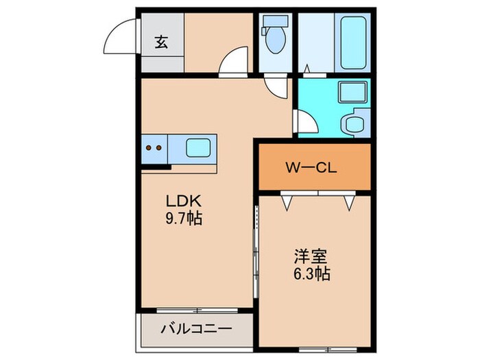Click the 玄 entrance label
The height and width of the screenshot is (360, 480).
tap(160, 42)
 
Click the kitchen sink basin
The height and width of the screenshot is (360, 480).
tap(199, 147)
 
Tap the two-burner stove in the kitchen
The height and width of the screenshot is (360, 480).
tap(155, 147)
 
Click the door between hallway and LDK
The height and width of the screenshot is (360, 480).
tap(235, 60)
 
